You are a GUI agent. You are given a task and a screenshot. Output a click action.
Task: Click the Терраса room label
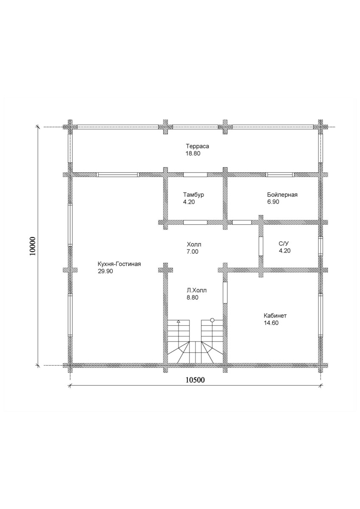coord(197,146)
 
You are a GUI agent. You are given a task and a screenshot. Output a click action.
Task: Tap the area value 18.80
coord(193,154)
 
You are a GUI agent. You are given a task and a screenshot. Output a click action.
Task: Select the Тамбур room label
coord(193,195)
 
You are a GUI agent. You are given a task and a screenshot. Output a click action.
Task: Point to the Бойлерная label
coord(282,195)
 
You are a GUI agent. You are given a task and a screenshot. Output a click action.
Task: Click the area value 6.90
coord(273,202)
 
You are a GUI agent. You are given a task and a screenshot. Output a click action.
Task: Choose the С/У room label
coord(284,244)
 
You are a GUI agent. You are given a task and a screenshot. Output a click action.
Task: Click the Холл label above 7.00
coord(194,245)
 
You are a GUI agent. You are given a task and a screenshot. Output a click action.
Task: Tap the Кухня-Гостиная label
coord(119,264)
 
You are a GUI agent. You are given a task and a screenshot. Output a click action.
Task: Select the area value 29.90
coord(106,271)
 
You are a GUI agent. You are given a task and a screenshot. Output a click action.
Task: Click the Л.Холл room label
coord(197,291)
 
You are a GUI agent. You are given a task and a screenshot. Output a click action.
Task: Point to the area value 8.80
coord(193,297)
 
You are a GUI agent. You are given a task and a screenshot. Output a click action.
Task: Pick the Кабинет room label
coord(275,316)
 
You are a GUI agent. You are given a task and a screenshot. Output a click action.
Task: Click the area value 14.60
coord(271,323)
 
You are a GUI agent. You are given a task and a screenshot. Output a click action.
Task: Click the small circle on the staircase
coord(212,320)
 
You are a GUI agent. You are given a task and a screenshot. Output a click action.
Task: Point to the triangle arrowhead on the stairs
coord(179,322)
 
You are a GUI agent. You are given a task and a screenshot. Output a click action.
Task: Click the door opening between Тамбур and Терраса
coord(195,175)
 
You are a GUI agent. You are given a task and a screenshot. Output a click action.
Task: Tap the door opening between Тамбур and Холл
coord(195,222)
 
